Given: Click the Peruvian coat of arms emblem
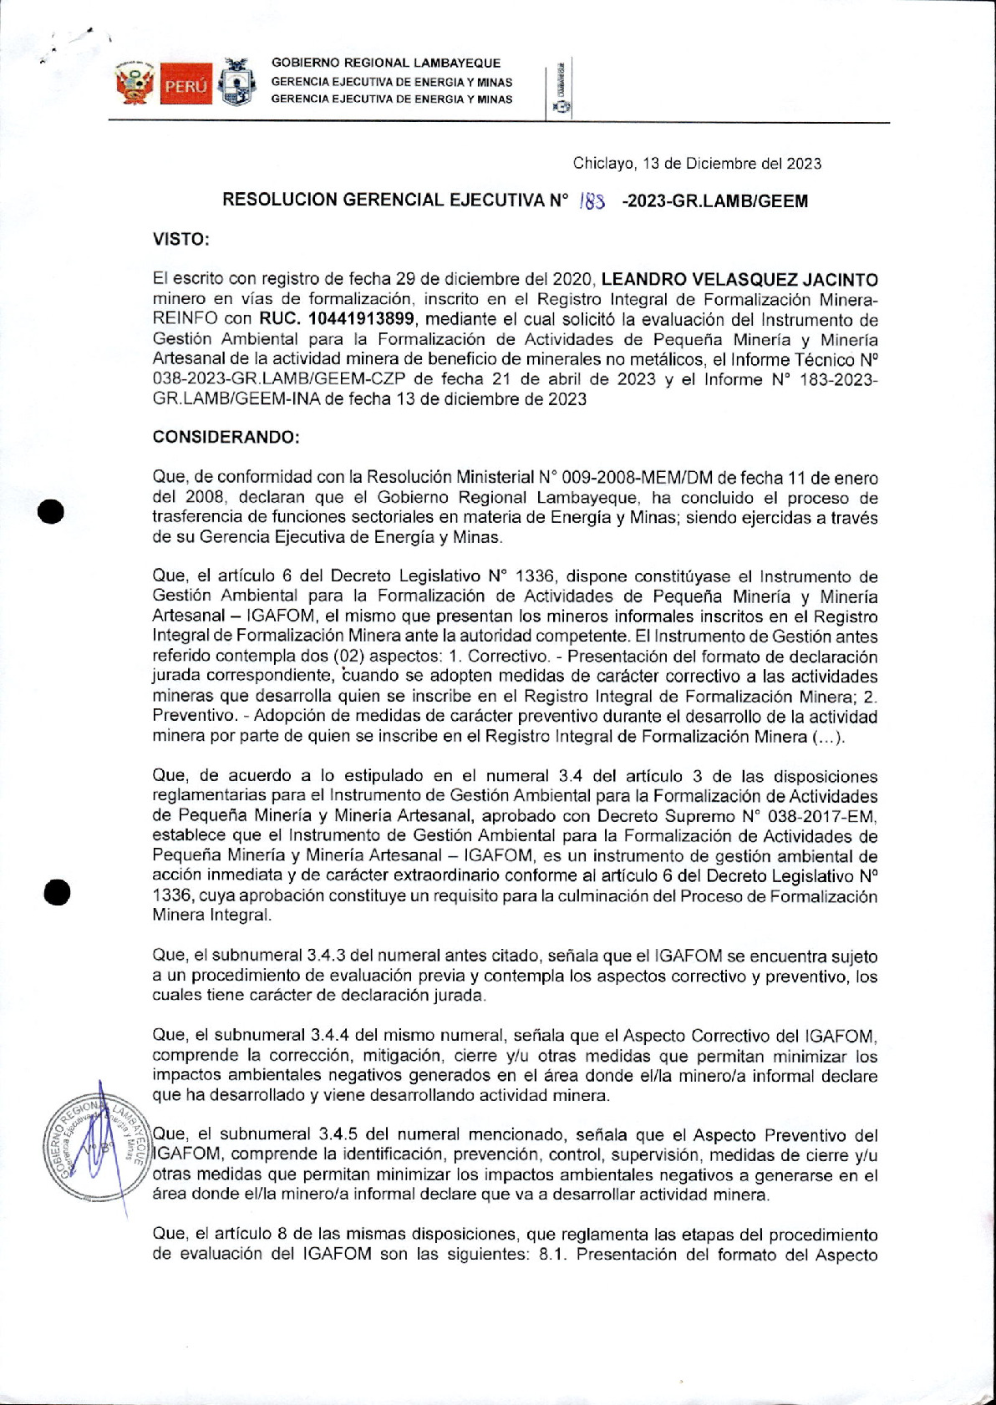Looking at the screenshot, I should [135, 83].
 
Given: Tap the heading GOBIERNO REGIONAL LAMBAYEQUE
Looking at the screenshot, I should [386, 63].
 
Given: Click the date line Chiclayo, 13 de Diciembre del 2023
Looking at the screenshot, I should [697, 164].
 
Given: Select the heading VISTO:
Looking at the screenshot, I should [180, 240].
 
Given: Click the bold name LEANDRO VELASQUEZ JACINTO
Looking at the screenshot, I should [739, 280].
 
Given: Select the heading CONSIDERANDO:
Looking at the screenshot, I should [226, 438].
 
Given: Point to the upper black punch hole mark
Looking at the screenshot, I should [51, 511].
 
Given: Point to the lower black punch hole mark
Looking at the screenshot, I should [56, 891].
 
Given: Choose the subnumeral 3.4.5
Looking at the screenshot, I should [339, 1135].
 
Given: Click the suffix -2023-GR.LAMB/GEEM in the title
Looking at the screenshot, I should [714, 200].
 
